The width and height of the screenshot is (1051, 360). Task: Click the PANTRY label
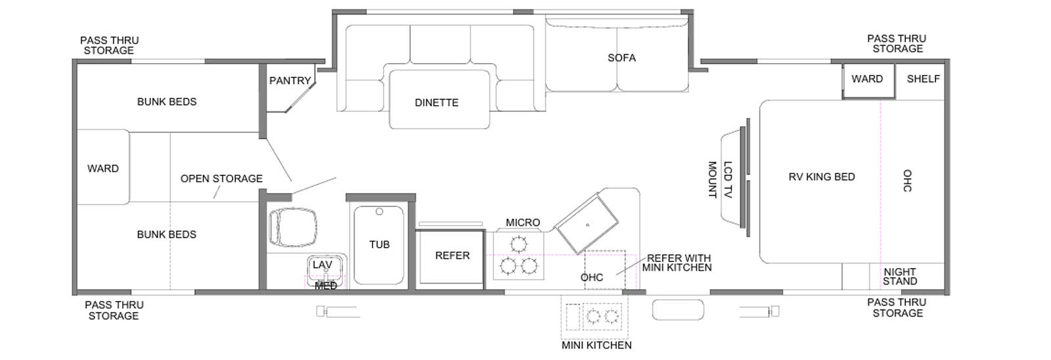[290, 81]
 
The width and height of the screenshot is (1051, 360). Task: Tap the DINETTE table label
[436, 102]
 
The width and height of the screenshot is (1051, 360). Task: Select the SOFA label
[621, 58]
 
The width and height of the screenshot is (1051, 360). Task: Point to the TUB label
[379, 244]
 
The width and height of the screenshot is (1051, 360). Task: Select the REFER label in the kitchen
[453, 256]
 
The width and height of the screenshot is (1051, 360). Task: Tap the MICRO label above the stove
[523, 223]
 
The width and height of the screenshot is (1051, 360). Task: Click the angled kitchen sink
[587, 225]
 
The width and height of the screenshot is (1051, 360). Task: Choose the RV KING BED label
[822, 177]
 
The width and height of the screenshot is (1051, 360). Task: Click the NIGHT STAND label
[900, 277]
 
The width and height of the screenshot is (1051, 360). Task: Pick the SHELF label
[923, 79]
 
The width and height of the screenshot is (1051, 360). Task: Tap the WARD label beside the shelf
[867, 79]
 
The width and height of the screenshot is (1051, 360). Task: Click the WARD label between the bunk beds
[102, 168]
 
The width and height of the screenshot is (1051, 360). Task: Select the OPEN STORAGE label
[221, 179]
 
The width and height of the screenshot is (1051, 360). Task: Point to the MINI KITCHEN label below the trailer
[596, 346]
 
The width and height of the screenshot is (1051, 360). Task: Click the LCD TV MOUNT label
[720, 180]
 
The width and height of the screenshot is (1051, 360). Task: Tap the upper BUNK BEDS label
[167, 102]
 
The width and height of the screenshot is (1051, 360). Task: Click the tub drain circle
[379, 212]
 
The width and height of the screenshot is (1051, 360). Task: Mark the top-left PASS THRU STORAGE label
[109, 45]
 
